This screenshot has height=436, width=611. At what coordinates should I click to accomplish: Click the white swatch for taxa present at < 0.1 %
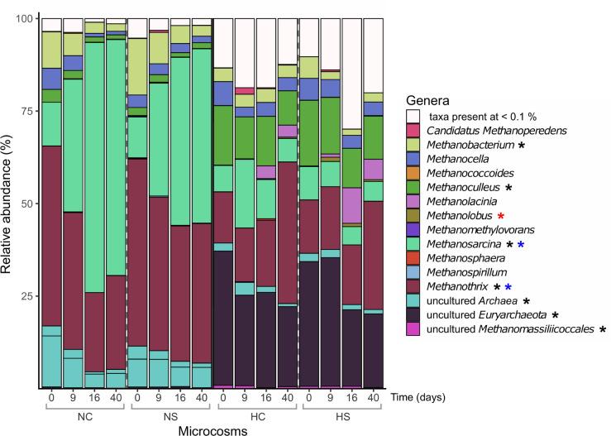[x=413, y=115]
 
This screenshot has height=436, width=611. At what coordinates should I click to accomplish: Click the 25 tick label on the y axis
[x=29, y=296]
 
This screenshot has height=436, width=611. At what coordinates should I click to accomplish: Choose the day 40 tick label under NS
[x=202, y=398]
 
